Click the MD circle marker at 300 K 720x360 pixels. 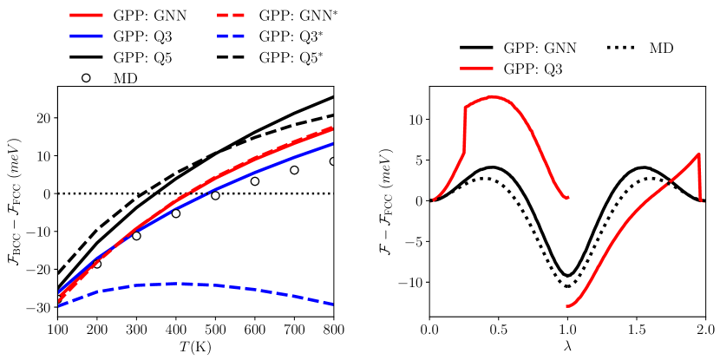tap(136, 236)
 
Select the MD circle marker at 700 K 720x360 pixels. tap(294, 170)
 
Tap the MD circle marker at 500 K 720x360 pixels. tap(215, 195)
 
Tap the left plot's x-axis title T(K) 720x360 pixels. tap(195, 348)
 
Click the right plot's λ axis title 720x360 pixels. tap(567, 348)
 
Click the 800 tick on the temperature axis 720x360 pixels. tap(334, 331)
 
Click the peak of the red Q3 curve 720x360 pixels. tap(491, 96)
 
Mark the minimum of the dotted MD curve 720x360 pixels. tap(567, 286)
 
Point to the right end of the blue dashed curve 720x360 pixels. tap(334, 304)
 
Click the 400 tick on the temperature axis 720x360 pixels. tap(176, 331)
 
